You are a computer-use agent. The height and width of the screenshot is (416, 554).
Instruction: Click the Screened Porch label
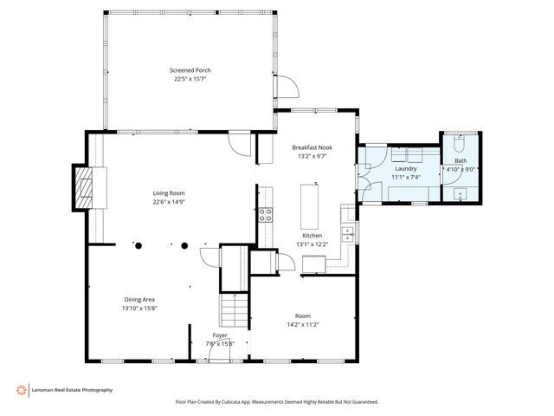(190, 70)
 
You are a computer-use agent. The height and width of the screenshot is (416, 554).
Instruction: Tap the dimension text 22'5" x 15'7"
(190, 79)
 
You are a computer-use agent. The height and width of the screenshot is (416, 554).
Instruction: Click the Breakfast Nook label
(312, 147)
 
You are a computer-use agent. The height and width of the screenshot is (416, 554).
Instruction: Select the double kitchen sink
(348, 231)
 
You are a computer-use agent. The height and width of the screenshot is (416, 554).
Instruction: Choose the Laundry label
(404, 168)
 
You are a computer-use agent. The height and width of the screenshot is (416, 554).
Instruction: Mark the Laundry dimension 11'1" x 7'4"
(404, 177)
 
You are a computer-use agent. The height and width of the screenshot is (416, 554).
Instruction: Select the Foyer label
(221, 335)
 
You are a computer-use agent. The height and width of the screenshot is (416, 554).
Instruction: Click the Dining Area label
(138, 299)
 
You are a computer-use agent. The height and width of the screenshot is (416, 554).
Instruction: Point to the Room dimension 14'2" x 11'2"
(302, 324)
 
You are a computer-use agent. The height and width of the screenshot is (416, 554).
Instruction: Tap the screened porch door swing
(293, 87)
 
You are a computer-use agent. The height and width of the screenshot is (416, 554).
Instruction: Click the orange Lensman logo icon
(21, 390)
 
